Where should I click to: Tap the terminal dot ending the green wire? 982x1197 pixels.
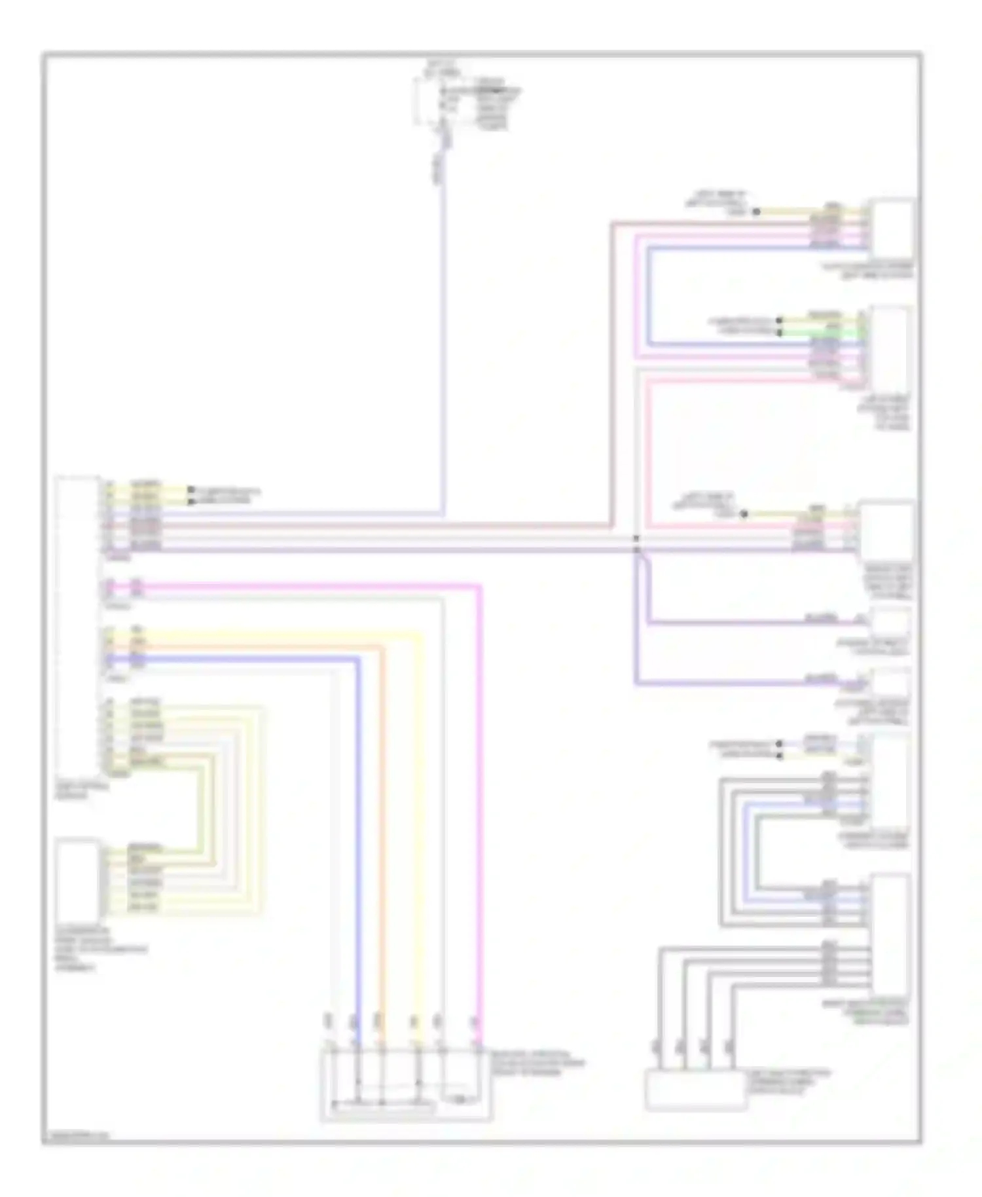[x=779, y=333]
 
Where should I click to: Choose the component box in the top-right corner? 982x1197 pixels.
[x=891, y=229]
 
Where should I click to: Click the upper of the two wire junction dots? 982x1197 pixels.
[x=636, y=538]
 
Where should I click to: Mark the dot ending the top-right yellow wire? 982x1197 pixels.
[x=756, y=212]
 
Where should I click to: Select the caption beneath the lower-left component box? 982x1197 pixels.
[x=101, y=949]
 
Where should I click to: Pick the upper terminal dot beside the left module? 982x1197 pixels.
[x=191, y=490]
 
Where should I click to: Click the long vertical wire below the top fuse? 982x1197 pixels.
[x=443, y=327]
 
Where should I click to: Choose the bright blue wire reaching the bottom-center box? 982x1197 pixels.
[x=358, y=819]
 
